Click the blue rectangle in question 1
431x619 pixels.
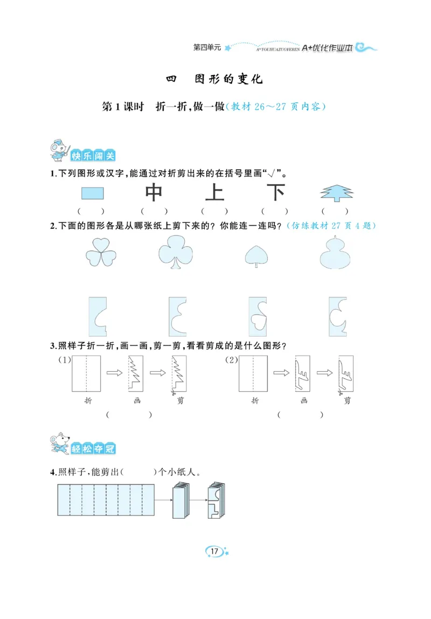click(x=93, y=193)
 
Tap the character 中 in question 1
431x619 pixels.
click(x=154, y=193)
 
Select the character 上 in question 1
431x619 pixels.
click(x=214, y=193)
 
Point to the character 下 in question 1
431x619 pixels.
click(x=276, y=193)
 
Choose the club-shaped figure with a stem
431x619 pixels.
click(x=176, y=252)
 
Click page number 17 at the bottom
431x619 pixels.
click(x=214, y=551)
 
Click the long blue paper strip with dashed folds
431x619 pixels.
click(x=106, y=500)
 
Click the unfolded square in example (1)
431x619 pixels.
click(x=86, y=373)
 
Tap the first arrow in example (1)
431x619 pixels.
click(x=114, y=372)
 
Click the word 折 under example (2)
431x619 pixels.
click(x=255, y=401)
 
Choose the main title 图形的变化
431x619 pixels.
click(x=228, y=79)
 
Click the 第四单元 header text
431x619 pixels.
click(x=207, y=47)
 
